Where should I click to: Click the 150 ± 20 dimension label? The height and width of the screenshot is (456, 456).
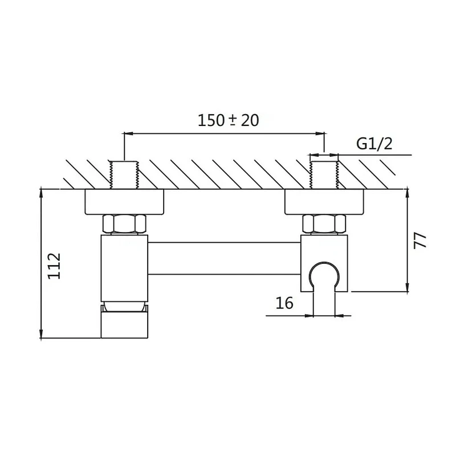(x=229, y=120)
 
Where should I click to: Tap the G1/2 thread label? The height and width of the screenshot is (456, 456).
(x=374, y=144)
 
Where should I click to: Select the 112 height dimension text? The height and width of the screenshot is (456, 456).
(x=54, y=266)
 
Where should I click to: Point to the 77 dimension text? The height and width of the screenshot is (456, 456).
(x=420, y=240)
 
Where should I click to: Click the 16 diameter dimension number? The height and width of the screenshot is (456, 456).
(x=284, y=303)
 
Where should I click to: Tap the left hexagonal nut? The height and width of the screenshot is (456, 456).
(x=124, y=224)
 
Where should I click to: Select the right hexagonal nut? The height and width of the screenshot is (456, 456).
(x=324, y=224)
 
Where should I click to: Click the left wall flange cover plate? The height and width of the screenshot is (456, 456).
(x=124, y=202)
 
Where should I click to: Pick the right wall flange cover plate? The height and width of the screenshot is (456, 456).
(x=324, y=202)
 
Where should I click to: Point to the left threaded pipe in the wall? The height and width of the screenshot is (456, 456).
(x=124, y=175)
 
